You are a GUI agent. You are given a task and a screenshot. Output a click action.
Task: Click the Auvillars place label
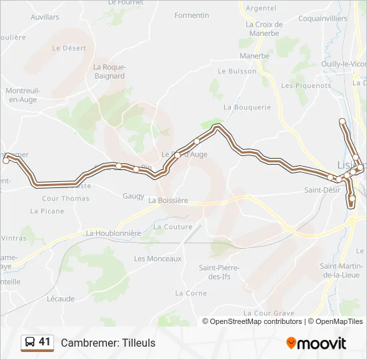point(45,16)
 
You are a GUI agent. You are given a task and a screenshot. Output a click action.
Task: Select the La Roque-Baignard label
point(109,71)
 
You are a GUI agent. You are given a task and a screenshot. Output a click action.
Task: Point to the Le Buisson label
point(237,71)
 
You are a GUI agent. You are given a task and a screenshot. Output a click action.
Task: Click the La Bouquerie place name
point(248,107)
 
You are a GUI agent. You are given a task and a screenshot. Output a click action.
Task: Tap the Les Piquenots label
point(306,85)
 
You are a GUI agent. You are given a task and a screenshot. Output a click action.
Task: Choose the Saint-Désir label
point(323,190)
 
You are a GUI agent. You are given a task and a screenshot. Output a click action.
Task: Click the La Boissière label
point(168,200)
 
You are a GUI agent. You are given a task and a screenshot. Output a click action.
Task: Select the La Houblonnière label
point(113,233)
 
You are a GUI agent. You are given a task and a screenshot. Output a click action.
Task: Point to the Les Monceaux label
point(157,259)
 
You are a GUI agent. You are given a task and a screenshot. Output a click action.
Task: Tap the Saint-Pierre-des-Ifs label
point(220,272)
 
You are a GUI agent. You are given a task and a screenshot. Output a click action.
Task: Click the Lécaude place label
point(61,299)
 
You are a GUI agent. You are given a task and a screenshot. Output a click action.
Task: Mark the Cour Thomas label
point(65,199)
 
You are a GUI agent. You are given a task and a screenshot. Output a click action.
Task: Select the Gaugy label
point(133,196)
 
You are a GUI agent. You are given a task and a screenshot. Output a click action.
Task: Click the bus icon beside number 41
point(30,342)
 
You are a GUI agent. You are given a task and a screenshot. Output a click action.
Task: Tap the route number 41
point(45,342)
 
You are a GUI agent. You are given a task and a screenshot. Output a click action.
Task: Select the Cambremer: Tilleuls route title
point(108,343)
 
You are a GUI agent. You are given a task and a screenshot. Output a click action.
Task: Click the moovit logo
point(316,343)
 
